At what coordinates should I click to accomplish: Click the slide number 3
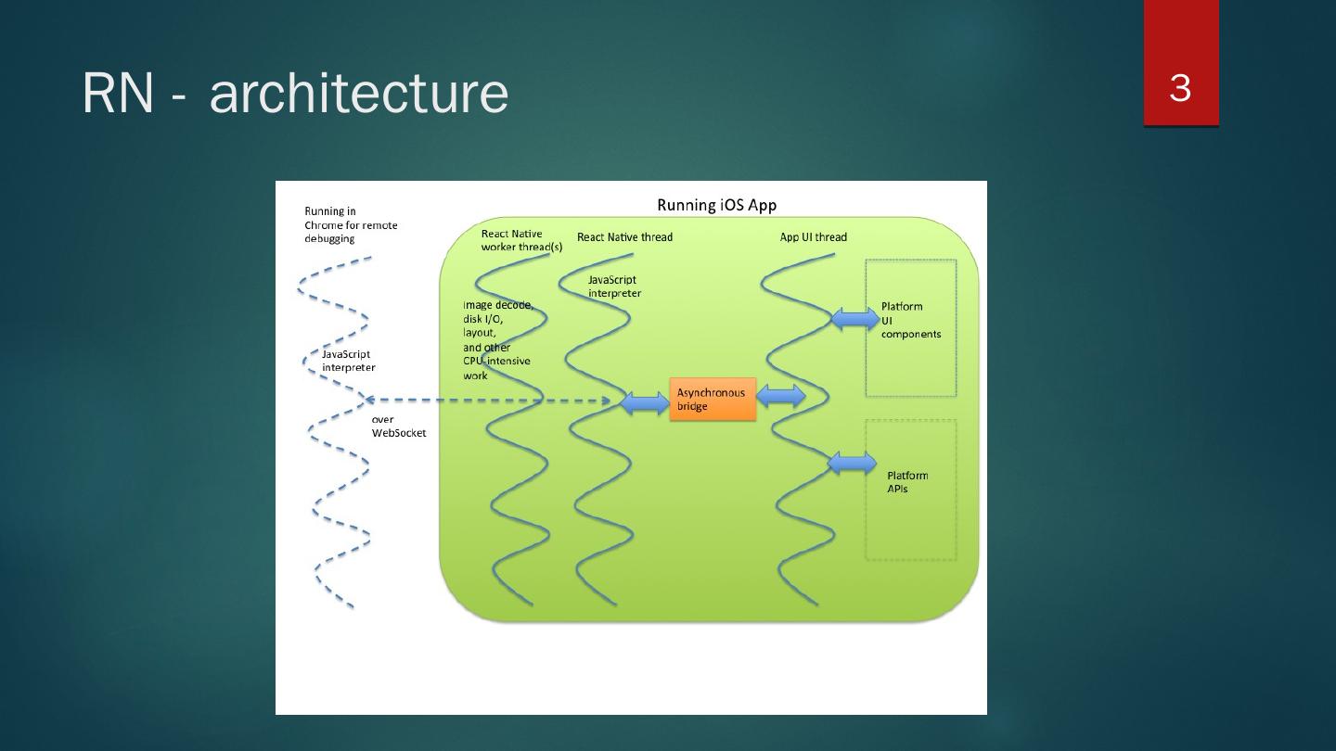1180,89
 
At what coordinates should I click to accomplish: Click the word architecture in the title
359,94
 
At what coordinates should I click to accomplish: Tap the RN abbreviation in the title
117,94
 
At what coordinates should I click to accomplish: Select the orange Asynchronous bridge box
713,400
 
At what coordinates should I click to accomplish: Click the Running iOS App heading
716,205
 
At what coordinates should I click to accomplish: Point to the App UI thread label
813,237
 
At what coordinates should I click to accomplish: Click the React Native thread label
624,237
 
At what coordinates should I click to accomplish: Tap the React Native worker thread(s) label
520,240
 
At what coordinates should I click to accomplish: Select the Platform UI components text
910,320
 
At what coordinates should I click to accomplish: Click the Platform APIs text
906,482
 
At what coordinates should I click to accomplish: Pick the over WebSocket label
398,426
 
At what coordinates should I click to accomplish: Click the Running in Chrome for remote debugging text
351,225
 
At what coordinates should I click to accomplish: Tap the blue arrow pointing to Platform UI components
854,319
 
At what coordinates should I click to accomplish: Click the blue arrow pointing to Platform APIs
852,463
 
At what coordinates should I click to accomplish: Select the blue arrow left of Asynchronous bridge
644,403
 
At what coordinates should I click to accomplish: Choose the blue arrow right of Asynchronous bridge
781,396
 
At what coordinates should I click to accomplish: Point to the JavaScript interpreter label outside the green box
348,361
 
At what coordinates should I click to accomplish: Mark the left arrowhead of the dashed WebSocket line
368,400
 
